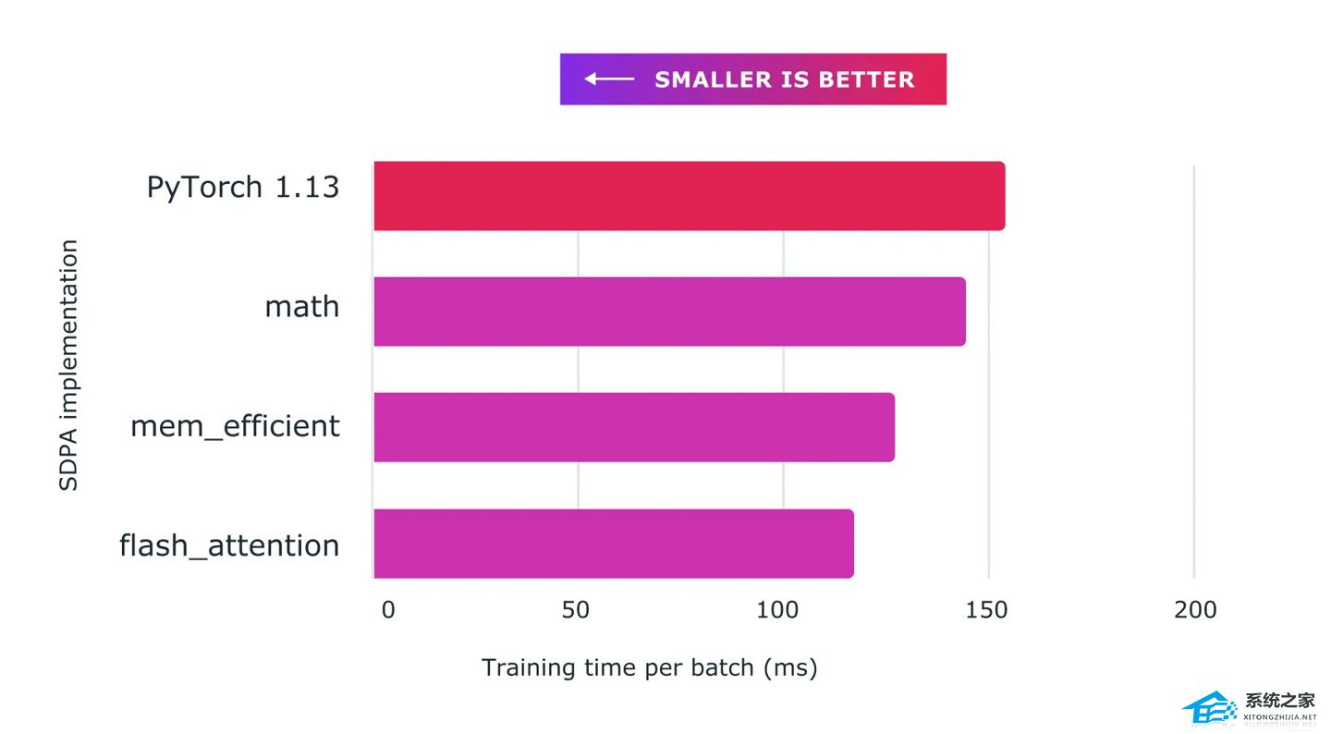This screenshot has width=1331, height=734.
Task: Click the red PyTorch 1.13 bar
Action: (689, 196)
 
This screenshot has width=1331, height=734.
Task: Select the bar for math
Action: (669, 312)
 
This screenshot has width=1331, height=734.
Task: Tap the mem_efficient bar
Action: (633, 427)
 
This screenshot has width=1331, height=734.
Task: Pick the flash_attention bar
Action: (613, 544)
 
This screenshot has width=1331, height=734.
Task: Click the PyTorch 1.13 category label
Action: (243, 188)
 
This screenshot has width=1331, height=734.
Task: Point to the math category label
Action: (302, 306)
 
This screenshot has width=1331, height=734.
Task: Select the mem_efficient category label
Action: (235, 426)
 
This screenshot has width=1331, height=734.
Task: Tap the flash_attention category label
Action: (229, 545)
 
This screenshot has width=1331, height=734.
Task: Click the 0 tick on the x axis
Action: (387, 610)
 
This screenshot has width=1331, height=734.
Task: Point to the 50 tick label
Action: (575, 610)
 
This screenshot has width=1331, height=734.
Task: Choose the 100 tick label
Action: (777, 610)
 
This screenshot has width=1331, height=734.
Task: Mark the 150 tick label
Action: (985, 610)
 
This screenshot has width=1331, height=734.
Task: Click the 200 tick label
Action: (1195, 610)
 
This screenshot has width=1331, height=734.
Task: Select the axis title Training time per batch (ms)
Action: (649, 667)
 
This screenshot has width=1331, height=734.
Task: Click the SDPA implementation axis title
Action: (69, 365)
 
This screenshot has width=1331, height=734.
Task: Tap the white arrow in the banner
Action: (609, 80)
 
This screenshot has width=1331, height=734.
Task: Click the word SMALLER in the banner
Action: (714, 80)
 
